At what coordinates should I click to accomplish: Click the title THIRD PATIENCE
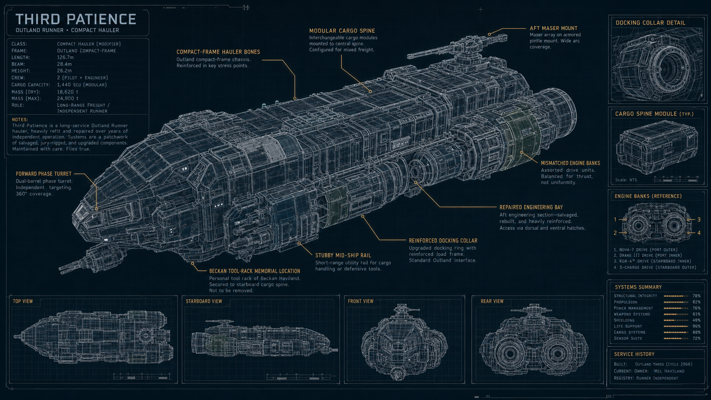click(x=76, y=19)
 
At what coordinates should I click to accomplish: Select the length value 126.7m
click(x=65, y=57)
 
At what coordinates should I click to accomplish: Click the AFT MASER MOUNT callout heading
click(x=554, y=28)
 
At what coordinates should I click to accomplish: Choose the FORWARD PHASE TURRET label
click(x=44, y=174)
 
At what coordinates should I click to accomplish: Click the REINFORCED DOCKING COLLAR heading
click(x=443, y=241)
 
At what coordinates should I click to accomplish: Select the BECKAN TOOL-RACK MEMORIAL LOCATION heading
click(x=255, y=271)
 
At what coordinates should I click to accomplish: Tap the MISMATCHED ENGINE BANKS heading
click(x=570, y=163)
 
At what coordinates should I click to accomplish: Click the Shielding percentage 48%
click(x=697, y=321)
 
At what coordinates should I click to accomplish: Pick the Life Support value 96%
click(x=697, y=326)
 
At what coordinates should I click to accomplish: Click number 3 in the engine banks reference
click(x=699, y=219)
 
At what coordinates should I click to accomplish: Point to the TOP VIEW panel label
click(x=23, y=301)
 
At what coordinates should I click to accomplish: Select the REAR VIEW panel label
click(x=492, y=301)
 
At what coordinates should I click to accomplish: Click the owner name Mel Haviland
click(x=669, y=371)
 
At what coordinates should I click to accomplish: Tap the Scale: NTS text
click(x=626, y=180)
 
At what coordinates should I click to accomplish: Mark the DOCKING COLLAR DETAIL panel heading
click(x=650, y=23)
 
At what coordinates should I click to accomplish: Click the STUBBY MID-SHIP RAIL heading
click(x=343, y=255)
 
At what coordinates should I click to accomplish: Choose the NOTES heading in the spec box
click(x=20, y=119)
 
